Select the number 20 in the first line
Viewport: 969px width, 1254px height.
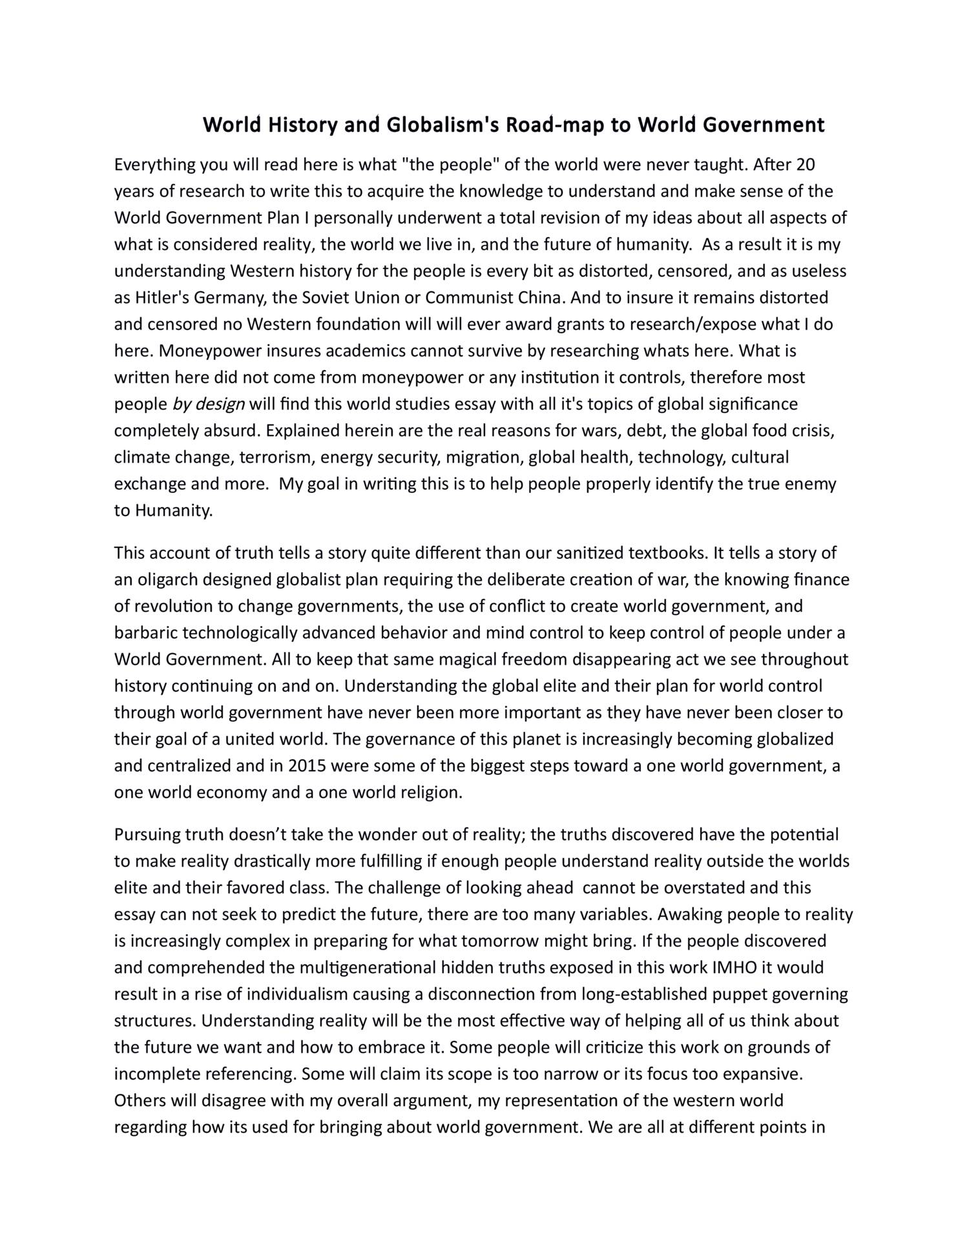806,165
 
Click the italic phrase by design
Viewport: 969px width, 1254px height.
209,404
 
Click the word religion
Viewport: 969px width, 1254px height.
432,792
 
